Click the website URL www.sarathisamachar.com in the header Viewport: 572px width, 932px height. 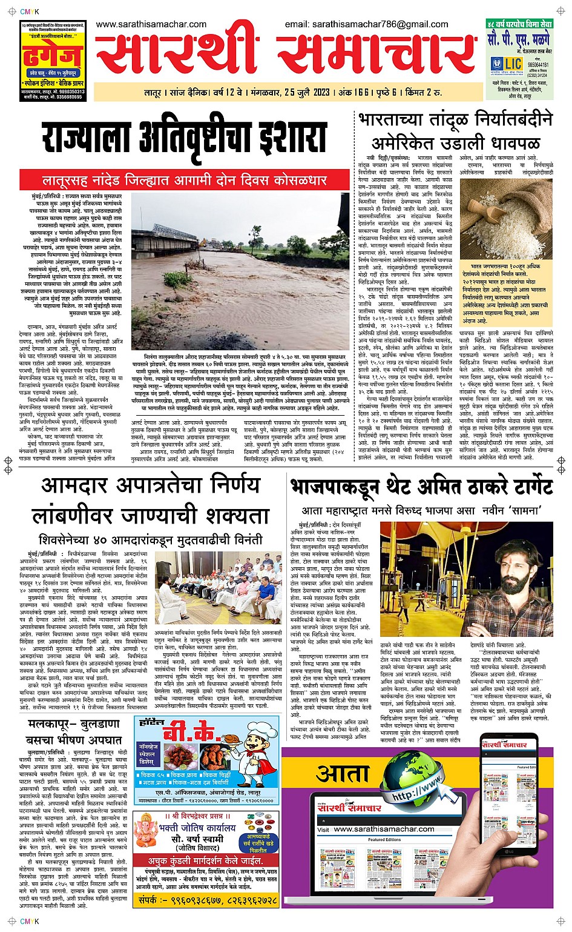(151, 24)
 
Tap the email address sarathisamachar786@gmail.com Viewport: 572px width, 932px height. (366, 24)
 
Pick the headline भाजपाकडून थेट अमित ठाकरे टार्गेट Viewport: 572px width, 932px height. (422, 487)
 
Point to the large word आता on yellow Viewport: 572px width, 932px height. (343, 774)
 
